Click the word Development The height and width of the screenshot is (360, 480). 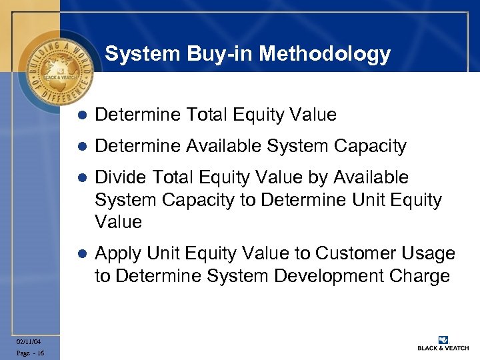click(317, 276)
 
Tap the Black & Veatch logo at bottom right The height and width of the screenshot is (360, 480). click(443, 343)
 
